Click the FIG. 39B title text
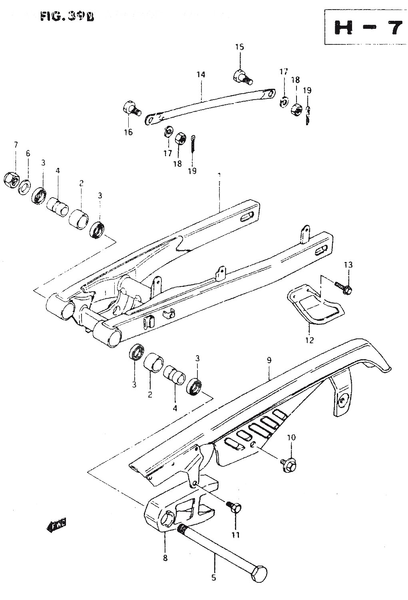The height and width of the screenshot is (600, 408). pyautogui.click(x=67, y=16)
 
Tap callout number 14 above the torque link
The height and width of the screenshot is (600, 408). pyautogui.click(x=201, y=74)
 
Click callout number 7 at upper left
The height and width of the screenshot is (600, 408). pyautogui.click(x=16, y=144)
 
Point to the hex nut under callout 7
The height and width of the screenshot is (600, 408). pyautogui.click(x=11, y=180)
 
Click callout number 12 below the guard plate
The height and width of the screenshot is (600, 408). pyautogui.click(x=310, y=340)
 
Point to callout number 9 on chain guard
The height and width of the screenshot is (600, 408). pyautogui.click(x=269, y=360)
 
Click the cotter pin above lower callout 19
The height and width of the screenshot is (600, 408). pyautogui.click(x=193, y=142)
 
